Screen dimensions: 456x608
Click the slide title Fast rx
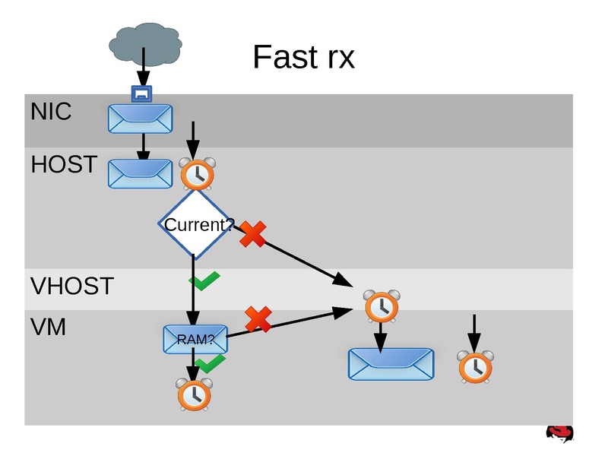pyautogui.click(x=303, y=57)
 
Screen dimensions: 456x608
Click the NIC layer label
pyautogui.click(x=51, y=112)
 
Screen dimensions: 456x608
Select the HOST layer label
pyautogui.click(x=64, y=164)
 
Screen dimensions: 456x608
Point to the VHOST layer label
pyautogui.click(x=71, y=287)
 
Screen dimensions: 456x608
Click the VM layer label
pyautogui.click(x=48, y=328)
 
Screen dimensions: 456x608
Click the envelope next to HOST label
pyautogui.click(x=141, y=174)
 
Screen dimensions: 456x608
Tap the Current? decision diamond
pyautogui.click(x=195, y=225)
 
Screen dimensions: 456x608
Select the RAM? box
pyautogui.click(x=195, y=339)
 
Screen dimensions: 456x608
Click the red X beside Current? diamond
pyautogui.click(x=253, y=234)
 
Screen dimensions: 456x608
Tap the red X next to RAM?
pyautogui.click(x=258, y=319)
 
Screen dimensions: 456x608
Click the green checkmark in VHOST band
pyautogui.click(x=204, y=283)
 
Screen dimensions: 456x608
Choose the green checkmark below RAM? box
pyautogui.click(x=211, y=363)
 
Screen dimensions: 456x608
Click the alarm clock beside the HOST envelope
pyautogui.click(x=197, y=174)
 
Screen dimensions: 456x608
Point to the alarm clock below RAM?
pyautogui.click(x=195, y=394)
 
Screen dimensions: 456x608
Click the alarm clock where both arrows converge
pyautogui.click(x=380, y=306)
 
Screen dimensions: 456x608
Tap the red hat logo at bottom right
pyautogui.click(x=559, y=434)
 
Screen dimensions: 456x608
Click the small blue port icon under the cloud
pyautogui.click(x=141, y=93)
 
